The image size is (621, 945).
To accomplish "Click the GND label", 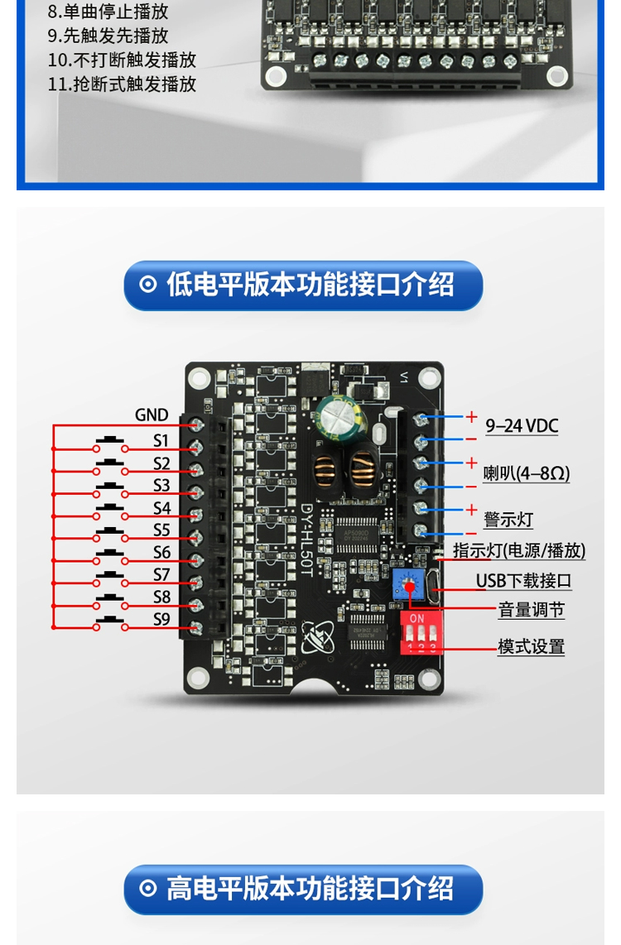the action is [152, 415].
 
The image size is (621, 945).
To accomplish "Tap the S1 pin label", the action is [161, 439].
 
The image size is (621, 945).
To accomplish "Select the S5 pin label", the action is [161, 530].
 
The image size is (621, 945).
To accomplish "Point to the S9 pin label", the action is [161, 618].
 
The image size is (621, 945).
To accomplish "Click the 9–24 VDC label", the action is [522, 426].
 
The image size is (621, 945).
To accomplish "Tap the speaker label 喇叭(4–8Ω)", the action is [526, 473].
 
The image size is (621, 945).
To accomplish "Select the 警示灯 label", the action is [508, 520].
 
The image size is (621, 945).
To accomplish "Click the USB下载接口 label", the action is [523, 581].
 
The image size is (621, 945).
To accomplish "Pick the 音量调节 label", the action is [531, 611].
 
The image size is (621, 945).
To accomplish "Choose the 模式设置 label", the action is [531, 646].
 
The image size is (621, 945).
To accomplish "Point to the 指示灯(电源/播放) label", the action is [519, 551].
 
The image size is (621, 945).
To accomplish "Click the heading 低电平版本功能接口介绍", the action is [303, 285].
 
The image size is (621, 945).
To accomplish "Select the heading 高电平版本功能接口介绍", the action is [303, 889].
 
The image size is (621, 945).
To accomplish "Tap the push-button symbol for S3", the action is [110, 486].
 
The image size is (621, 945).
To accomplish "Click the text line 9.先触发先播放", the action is [108, 36].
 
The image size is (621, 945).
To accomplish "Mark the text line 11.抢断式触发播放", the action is [122, 84].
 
